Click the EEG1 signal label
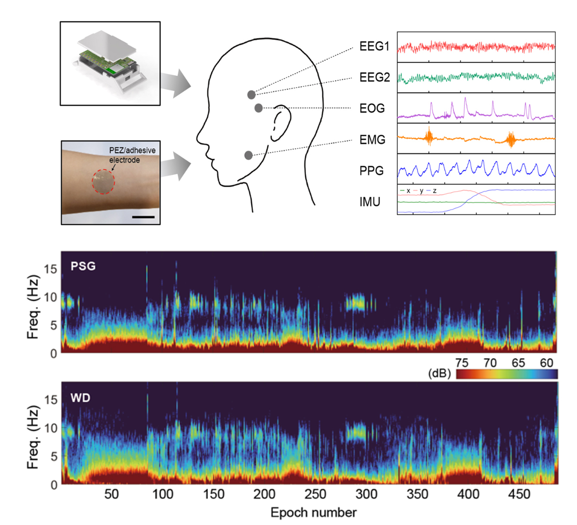(374, 47)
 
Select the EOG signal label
(372, 108)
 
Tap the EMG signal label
(372, 140)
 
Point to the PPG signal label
(372, 171)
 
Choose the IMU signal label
(370, 202)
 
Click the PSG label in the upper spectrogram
(83, 266)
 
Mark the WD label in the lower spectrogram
(80, 397)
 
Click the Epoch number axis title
(313, 512)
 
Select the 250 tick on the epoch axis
(315, 494)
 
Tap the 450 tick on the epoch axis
(519, 494)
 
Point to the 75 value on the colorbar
(462, 363)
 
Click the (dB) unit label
(439, 374)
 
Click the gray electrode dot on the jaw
(248, 155)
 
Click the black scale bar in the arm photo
(143, 217)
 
